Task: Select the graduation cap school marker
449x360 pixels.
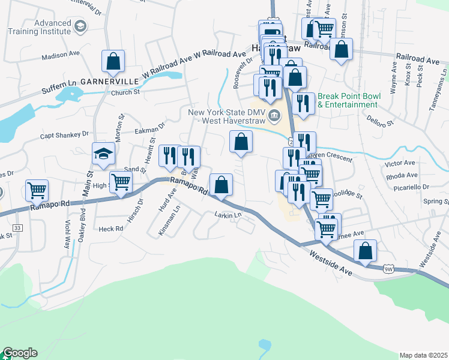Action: pyautogui.click(x=103, y=154)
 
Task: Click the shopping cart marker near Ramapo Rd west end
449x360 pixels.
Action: pyautogui.click(x=37, y=191)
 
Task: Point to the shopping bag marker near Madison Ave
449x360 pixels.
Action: pyautogui.click(x=113, y=61)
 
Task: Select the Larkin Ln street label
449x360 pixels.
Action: pyautogui.click(x=228, y=214)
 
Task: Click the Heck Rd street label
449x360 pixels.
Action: pyautogui.click(x=111, y=229)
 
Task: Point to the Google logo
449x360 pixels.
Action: pyautogui.click(x=20, y=353)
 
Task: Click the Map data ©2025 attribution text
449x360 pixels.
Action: pyautogui.click(x=423, y=355)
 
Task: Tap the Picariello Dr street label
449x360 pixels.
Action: pyautogui.click(x=413, y=187)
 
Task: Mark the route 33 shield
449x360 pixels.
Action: pyautogui.click(x=17, y=228)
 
